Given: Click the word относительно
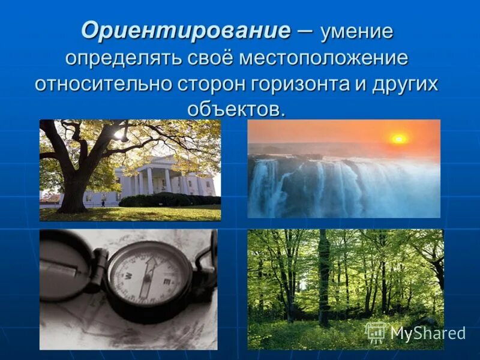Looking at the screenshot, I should (x=103, y=85).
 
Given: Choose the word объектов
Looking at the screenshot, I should (x=235, y=109).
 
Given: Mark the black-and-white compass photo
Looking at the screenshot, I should (x=128, y=289).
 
